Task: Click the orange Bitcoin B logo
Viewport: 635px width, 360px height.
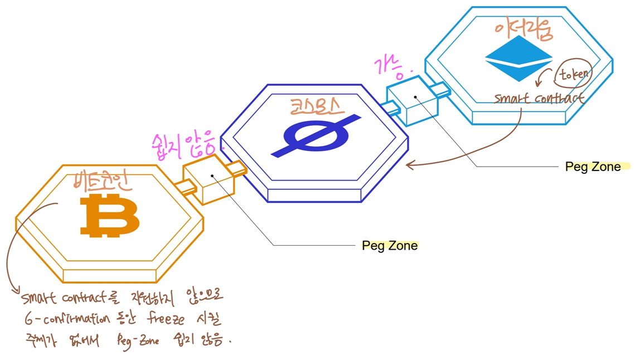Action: point(109,216)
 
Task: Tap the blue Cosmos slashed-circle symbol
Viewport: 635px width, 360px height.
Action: point(316,135)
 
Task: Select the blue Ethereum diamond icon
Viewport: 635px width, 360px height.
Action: point(518,58)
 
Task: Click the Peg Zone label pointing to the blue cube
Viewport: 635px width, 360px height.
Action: point(593,167)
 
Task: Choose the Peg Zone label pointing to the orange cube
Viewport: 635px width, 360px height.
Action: point(390,245)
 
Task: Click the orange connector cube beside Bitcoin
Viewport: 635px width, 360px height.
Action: point(209,179)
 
